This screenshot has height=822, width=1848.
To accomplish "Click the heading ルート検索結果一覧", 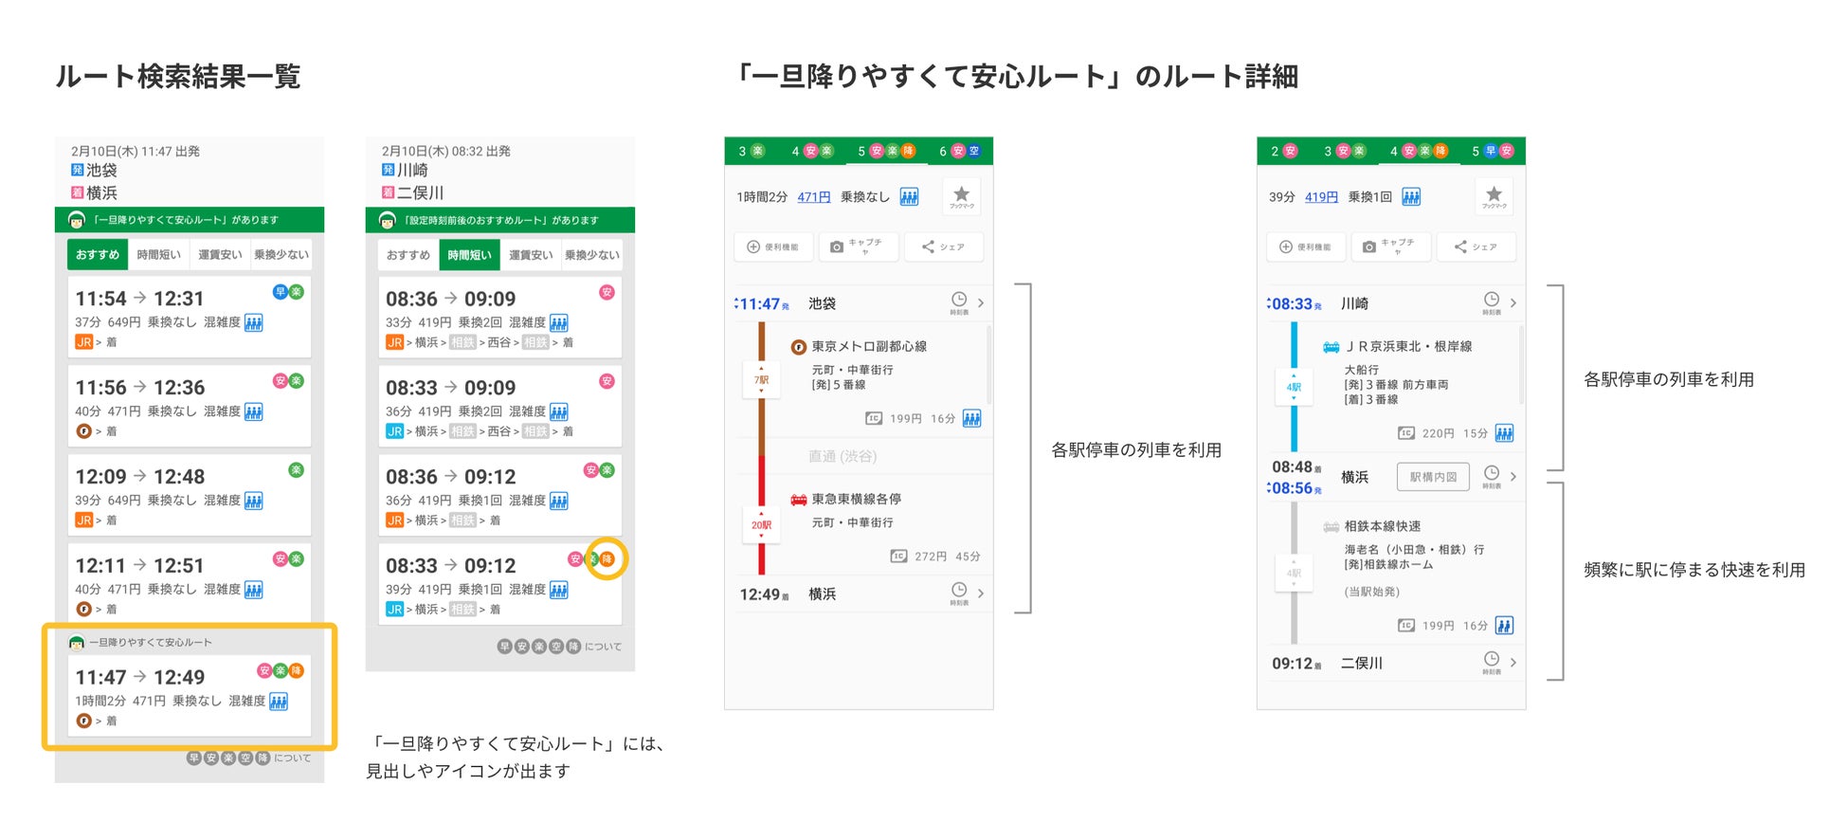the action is click(177, 76).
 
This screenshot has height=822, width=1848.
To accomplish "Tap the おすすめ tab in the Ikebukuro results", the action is click(97, 254).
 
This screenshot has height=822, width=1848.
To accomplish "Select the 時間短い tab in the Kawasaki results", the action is click(469, 255).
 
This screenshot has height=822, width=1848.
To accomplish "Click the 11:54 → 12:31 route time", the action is click(139, 299).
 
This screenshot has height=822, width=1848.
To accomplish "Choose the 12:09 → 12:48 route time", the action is click(139, 477).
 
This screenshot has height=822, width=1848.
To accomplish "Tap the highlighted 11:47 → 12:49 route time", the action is click(139, 677).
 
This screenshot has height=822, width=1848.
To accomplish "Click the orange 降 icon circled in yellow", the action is click(607, 559).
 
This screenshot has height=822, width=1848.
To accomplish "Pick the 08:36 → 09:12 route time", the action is click(450, 477).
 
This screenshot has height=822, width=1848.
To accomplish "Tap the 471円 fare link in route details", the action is click(813, 197).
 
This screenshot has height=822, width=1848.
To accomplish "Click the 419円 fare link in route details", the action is click(1321, 197).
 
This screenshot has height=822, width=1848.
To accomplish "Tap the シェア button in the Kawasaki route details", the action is click(1476, 247).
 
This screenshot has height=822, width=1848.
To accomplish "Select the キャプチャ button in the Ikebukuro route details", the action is click(857, 247).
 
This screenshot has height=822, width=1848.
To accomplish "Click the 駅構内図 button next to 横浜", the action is click(1432, 477).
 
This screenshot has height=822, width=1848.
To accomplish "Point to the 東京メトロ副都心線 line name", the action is click(868, 347).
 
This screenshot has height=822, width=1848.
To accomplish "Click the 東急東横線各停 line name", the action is click(856, 499).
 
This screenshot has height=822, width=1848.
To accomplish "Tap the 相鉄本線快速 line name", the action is click(1382, 526).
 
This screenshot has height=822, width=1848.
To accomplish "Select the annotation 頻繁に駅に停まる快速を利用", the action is click(1694, 570).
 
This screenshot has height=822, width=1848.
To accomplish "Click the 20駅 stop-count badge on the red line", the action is click(761, 525).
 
